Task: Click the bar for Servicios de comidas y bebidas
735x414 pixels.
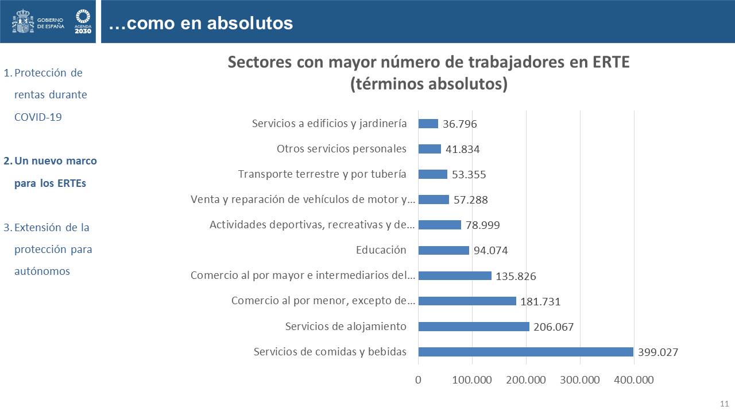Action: (525, 352)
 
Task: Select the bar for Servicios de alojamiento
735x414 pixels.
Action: (474, 327)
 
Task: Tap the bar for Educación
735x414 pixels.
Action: (443, 250)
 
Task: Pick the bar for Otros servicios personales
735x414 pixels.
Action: (430, 149)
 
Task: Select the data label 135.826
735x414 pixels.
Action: (516, 277)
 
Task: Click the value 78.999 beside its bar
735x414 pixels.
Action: (482, 225)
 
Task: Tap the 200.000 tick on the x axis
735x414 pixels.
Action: (526, 379)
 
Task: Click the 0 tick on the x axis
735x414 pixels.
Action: (418, 379)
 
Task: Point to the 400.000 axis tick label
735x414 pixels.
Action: (633, 379)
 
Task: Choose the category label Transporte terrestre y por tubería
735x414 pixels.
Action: (322, 174)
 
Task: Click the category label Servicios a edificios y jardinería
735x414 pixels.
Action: (330, 124)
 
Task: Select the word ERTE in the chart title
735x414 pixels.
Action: (610, 62)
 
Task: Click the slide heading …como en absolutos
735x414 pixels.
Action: (200, 23)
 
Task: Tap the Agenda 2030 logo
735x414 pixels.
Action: (83, 22)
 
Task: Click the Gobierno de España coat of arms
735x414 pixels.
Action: (23, 22)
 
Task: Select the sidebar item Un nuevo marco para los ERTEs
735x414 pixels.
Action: (55, 172)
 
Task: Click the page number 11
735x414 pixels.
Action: (724, 402)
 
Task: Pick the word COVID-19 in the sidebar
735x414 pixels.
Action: (38, 117)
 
